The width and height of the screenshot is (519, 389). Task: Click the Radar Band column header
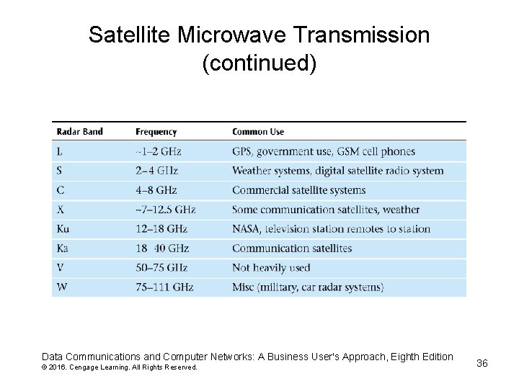point(79,132)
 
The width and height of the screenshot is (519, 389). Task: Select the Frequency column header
point(156,132)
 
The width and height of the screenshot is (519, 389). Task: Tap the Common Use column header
point(258,132)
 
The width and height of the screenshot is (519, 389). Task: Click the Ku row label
point(63,229)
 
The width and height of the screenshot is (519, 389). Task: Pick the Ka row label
point(63,249)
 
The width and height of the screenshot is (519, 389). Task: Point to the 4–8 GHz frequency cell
point(156,190)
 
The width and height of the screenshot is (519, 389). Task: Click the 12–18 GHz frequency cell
point(161,229)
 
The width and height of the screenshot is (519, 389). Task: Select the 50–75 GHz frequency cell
point(161,268)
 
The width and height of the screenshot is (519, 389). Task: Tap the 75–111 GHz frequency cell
point(164,287)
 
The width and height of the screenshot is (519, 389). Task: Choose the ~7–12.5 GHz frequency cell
point(165,210)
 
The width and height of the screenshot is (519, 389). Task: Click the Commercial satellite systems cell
point(298,190)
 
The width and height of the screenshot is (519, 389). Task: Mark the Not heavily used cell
point(271,268)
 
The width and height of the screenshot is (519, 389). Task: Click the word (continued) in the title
point(259,63)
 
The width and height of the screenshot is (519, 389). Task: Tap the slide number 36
point(482,363)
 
